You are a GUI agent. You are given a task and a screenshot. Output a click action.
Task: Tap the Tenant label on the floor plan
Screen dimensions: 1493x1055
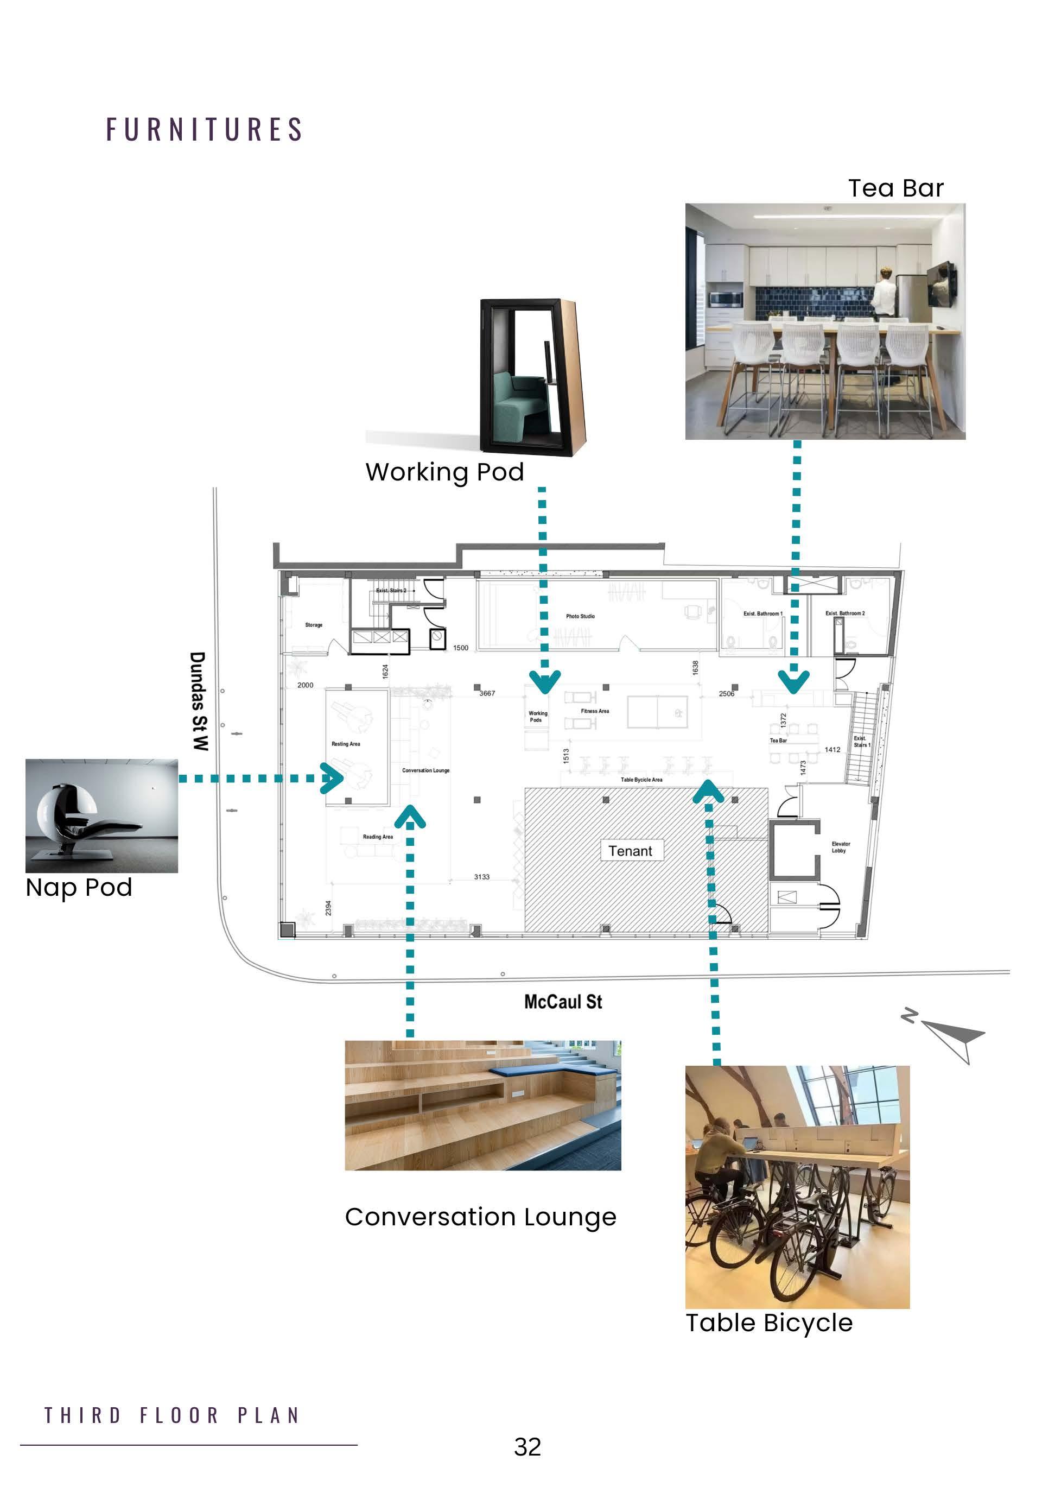(x=630, y=851)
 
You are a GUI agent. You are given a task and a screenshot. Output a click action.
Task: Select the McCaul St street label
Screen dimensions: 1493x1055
(x=563, y=1002)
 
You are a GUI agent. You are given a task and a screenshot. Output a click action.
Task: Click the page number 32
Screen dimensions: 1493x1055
(x=527, y=1447)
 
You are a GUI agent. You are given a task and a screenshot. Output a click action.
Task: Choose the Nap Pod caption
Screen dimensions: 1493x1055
(x=79, y=888)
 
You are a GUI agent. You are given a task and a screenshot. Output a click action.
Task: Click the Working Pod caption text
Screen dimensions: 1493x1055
(x=444, y=472)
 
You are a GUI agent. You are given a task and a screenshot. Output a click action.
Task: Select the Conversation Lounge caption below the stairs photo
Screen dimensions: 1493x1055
(x=480, y=1217)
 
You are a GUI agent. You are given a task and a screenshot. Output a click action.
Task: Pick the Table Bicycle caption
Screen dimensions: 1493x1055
(x=769, y=1323)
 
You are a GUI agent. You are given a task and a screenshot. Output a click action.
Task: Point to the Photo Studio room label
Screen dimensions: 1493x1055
(x=580, y=616)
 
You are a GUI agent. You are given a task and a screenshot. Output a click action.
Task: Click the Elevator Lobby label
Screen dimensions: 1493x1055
(x=840, y=846)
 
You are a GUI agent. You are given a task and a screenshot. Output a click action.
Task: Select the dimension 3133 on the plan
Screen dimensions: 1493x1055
(x=482, y=877)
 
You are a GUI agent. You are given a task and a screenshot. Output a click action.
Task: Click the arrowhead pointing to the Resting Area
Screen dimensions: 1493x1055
(x=335, y=779)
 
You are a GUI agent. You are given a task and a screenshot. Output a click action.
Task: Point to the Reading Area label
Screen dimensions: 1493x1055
(x=378, y=836)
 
